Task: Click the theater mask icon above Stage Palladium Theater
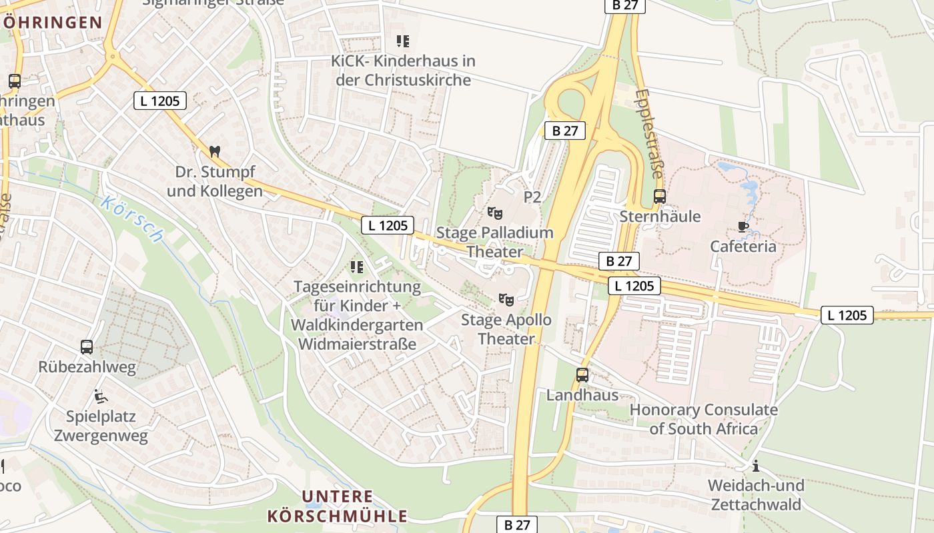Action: (494, 213)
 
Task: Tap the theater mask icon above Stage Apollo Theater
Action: (506, 300)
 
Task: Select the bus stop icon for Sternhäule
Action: (660, 197)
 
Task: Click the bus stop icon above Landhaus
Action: (582, 375)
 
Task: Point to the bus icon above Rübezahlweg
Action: (87, 347)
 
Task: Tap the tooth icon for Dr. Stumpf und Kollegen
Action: (214, 152)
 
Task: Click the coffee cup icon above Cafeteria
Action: (743, 227)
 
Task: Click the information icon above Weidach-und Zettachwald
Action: (756, 465)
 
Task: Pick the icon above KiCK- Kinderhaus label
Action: (402, 41)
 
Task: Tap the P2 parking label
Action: (532, 197)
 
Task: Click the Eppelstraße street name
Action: (649, 133)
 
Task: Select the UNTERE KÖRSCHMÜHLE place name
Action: (337, 506)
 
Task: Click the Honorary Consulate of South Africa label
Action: (703, 419)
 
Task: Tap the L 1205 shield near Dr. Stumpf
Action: (159, 101)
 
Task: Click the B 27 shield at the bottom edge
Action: (517, 524)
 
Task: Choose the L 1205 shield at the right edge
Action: (847, 315)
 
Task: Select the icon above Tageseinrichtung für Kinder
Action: (357, 267)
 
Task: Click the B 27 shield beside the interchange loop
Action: (565, 131)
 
